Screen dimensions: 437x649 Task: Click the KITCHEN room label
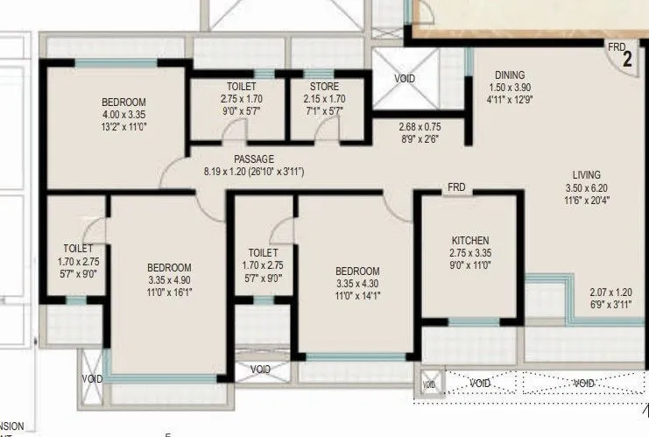[469, 241]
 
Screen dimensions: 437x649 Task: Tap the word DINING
[509, 75]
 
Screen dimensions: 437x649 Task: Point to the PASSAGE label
[254, 159]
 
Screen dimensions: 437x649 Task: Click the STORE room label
[323, 87]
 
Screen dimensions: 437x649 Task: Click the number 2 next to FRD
[627, 60]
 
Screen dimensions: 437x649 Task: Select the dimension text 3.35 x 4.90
[169, 279]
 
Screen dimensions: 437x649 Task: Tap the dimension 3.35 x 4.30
[357, 283]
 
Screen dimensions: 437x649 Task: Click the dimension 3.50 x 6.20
[586, 187]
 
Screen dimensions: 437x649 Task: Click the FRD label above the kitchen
[456, 187]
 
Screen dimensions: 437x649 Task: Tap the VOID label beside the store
[405, 79]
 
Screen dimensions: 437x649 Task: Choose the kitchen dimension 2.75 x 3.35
[470, 252]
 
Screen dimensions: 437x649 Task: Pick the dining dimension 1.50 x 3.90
[509, 88]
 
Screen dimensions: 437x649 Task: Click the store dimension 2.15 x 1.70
[323, 99]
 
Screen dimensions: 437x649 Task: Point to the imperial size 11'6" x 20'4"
[586, 200]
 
